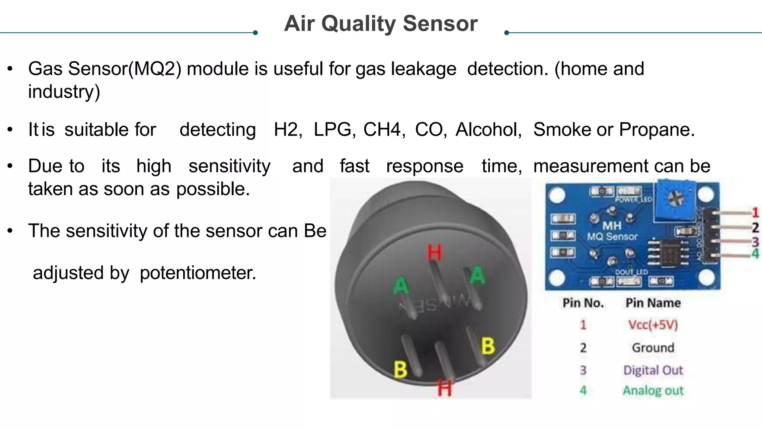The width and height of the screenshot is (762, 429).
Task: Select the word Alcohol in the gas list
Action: pos(488,130)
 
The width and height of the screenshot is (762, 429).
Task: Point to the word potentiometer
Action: pos(198,273)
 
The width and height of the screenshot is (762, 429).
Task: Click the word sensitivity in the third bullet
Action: pos(229,166)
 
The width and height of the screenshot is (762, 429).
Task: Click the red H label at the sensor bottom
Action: pos(445,388)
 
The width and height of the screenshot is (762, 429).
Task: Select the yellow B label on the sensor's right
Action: pos(488,346)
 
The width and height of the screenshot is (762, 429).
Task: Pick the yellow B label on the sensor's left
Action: pos(400,369)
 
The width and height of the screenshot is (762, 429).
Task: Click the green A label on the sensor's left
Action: pos(401,286)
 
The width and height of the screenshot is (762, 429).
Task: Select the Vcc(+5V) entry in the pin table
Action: pos(653,325)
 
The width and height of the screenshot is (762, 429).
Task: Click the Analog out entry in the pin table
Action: pos(653,390)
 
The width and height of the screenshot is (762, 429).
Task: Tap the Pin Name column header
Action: pos(653,303)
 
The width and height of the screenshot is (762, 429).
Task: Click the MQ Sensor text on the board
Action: pos(612,236)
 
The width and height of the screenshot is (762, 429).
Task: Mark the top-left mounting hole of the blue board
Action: pos(557,195)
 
